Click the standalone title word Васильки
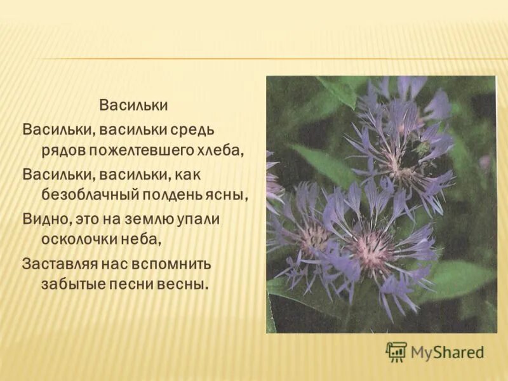133,104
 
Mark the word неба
138,239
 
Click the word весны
184,283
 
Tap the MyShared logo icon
396,352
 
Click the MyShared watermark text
447,352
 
